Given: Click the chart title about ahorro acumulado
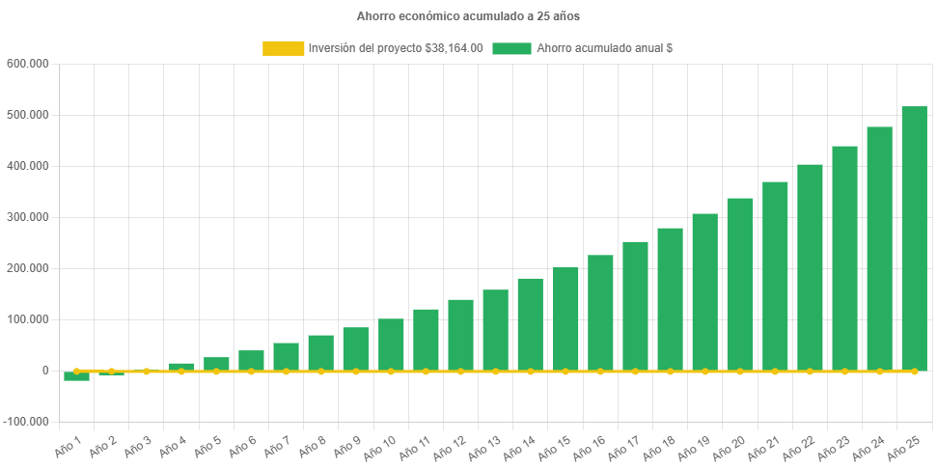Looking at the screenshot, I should point(468,16).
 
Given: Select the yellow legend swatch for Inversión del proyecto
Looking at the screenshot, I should point(283,48).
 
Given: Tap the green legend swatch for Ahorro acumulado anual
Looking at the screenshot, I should point(511,48).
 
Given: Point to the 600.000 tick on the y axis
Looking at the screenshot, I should point(27,64).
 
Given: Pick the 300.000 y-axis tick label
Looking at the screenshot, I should point(27,217).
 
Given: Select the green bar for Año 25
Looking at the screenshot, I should point(914,238).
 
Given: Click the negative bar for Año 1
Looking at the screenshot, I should point(77,376).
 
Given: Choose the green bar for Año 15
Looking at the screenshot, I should point(565,318).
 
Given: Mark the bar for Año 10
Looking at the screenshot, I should point(391,344).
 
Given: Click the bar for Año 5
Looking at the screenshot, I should point(216,364).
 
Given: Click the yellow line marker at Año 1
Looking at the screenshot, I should point(77,371).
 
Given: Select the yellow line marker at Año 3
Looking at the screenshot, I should point(147,371).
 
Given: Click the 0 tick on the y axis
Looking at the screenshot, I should point(45,371).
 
